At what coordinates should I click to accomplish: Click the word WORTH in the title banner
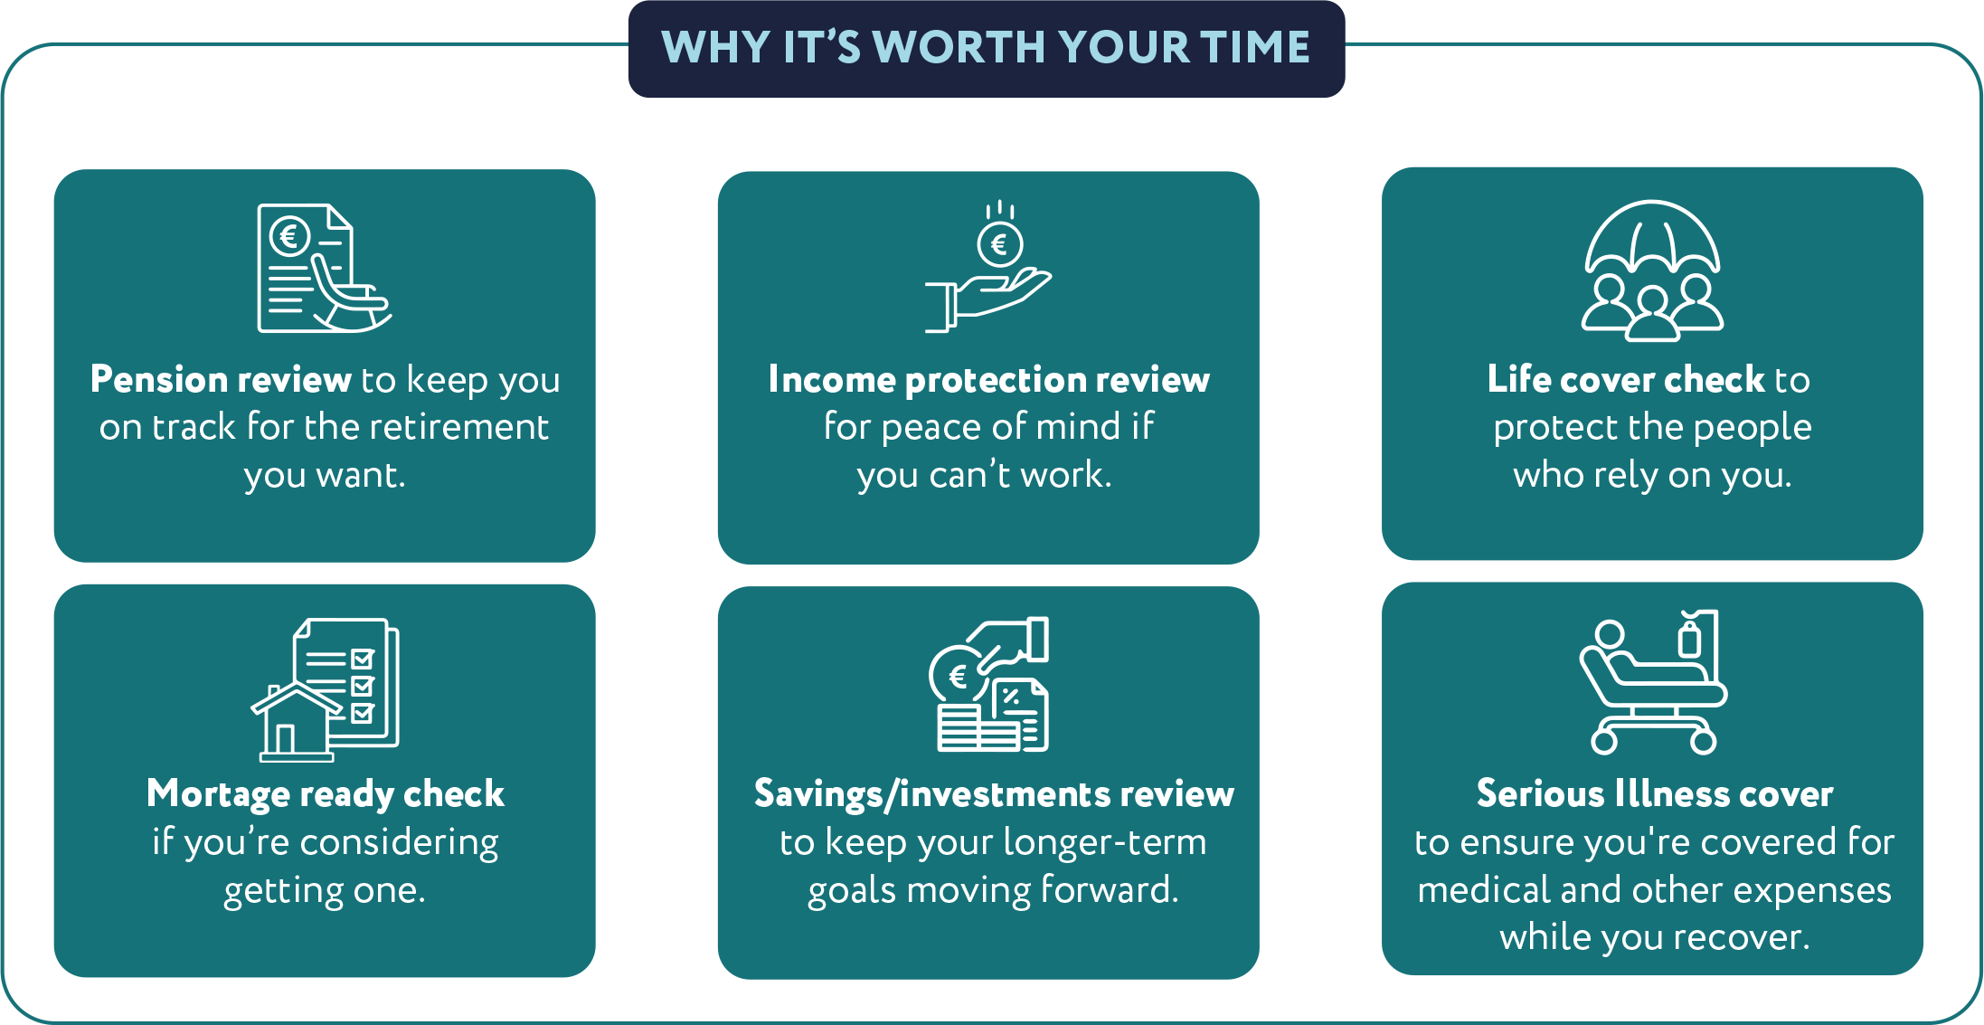959,47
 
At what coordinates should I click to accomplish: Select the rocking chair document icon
325,268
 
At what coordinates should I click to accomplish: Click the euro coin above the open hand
999,243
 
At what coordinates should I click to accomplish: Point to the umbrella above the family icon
1652,237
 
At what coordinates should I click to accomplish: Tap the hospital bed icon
1653,683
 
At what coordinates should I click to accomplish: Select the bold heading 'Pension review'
221,380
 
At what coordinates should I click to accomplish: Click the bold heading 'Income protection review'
988,380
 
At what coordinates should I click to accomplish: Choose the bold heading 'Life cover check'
1626,380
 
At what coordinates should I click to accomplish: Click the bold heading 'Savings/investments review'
994,794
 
